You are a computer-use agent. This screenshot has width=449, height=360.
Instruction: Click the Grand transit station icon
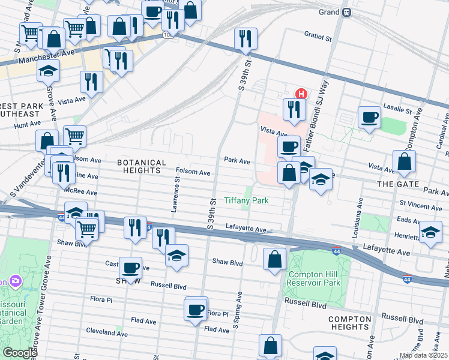coord(347,12)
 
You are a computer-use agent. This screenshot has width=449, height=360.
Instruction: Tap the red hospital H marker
coord(301,94)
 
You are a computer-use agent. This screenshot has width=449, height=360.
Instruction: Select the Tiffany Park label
coord(246,200)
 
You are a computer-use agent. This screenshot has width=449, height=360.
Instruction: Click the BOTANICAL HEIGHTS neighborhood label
coord(142,167)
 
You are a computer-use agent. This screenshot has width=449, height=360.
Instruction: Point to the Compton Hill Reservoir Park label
coord(313,278)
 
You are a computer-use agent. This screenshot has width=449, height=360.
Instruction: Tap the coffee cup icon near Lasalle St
coord(369,116)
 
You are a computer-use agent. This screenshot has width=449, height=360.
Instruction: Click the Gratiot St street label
coord(318,37)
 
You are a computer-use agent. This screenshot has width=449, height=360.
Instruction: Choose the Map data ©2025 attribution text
coord(423,355)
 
